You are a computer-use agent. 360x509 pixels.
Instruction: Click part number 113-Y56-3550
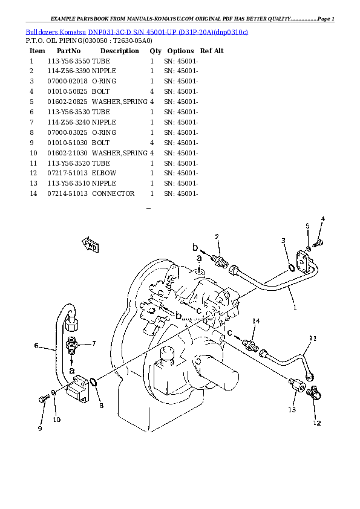[68, 61]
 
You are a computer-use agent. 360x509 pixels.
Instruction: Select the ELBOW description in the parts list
[104, 173]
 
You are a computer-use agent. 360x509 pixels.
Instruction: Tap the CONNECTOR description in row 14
[113, 193]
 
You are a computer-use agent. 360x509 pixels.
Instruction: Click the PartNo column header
[68, 51]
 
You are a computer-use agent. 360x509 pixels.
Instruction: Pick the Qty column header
[155, 51]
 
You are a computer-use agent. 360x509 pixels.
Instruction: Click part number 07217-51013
[68, 173]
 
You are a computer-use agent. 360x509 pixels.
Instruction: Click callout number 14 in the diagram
[256, 321]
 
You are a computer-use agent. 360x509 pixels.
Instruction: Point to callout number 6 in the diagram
[36, 346]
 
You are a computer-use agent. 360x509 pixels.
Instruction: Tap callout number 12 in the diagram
[317, 423]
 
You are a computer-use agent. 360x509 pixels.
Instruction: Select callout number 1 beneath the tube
[295, 306]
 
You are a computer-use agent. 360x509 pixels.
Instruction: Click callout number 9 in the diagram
[41, 429]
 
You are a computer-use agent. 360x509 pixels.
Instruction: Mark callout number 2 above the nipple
[217, 236]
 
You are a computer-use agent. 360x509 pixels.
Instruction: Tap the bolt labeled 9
[44, 400]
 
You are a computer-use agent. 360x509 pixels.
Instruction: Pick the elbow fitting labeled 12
[313, 394]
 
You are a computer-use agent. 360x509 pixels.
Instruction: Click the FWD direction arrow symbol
[91, 245]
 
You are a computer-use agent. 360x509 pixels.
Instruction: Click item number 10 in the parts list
[33, 152]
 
